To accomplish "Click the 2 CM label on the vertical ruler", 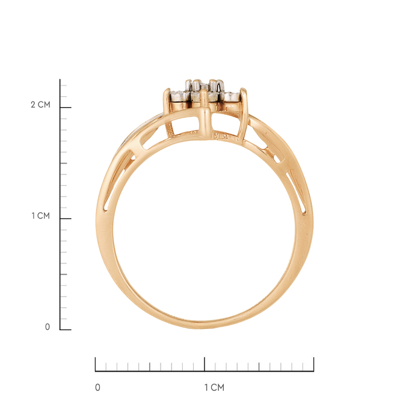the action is (40, 105).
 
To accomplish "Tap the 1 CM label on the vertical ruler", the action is (40, 216).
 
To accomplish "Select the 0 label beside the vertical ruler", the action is (47, 327).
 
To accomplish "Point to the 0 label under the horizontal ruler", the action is (97, 387).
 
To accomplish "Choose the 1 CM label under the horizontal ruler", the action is (214, 387).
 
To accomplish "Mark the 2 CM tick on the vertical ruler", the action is (66, 107).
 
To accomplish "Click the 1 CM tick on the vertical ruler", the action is (66, 218).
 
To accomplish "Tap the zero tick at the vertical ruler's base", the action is (66, 330).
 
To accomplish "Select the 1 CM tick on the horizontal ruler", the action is (204, 364).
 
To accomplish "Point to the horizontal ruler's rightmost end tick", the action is (313, 364).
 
